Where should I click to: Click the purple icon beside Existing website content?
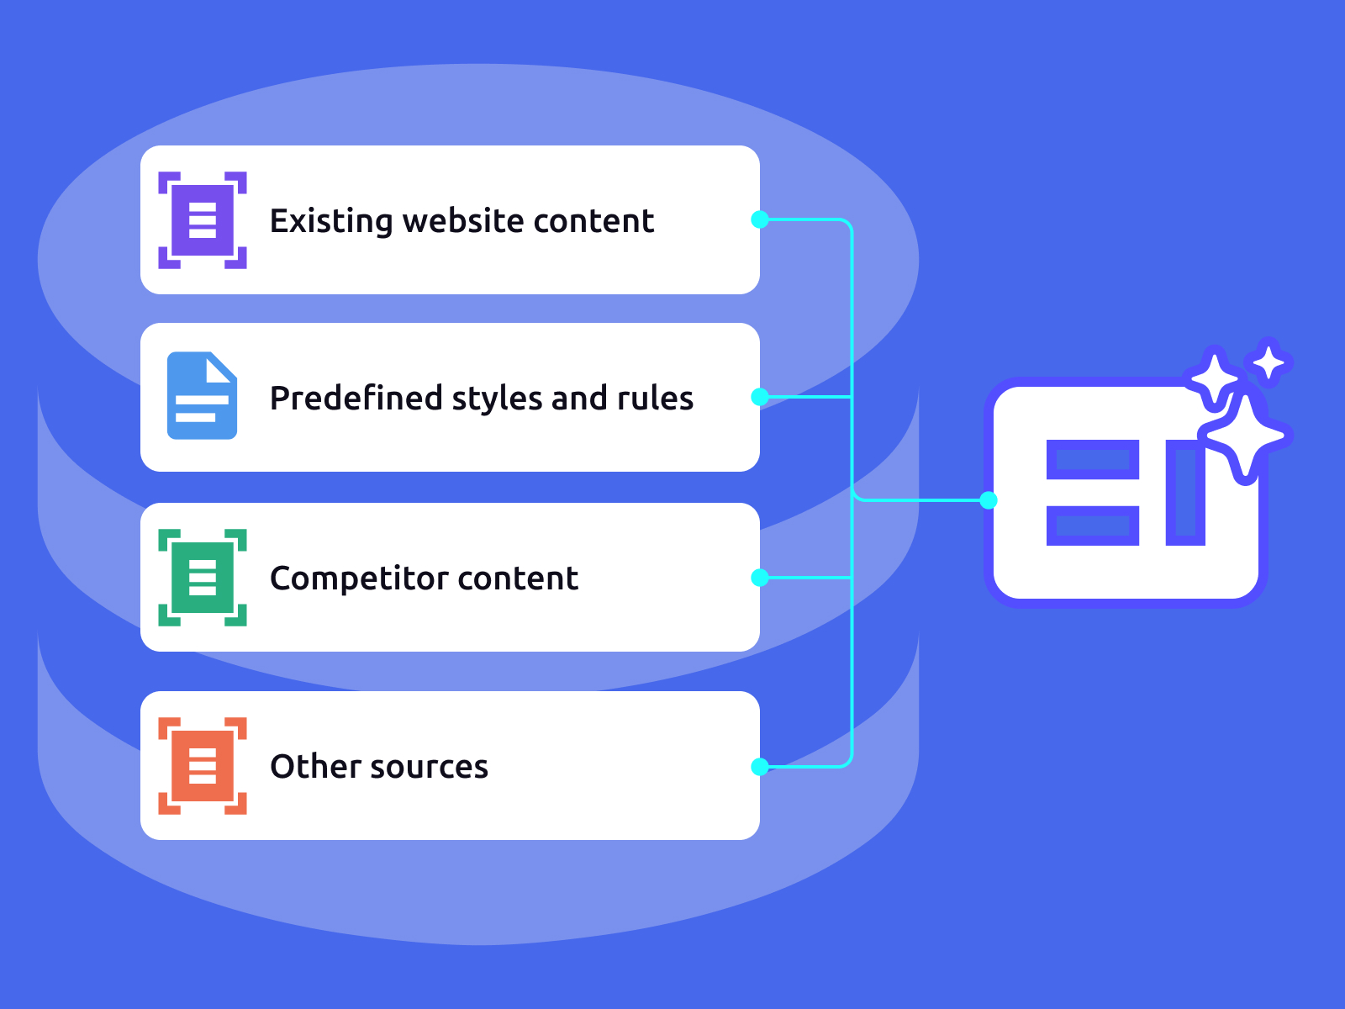[x=203, y=220]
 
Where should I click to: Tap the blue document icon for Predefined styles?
[x=202, y=396]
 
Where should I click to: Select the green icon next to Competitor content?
[x=203, y=578]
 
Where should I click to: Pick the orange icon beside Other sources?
[x=203, y=766]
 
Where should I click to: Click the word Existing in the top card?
[x=331, y=221]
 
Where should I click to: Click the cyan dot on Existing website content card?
[x=760, y=219]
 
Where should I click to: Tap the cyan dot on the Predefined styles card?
[x=760, y=397]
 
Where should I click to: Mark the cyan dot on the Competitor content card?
[x=760, y=578]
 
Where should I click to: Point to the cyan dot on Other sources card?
[x=760, y=766]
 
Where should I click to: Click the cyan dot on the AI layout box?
[x=989, y=500]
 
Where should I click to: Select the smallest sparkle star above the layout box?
[x=1269, y=363]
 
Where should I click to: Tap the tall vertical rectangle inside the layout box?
[x=1185, y=492]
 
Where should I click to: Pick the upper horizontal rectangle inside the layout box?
[x=1092, y=460]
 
